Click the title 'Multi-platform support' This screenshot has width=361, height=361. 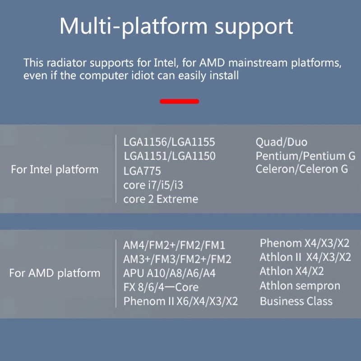pos(176,27)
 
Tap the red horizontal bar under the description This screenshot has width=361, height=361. pos(179,102)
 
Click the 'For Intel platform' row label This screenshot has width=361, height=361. pos(55,170)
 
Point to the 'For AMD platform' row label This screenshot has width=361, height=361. pos(55,273)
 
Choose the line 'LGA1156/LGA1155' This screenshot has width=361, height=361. pos(169,142)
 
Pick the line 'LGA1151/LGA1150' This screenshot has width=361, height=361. pos(169,157)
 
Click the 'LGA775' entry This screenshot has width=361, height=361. pos(142,171)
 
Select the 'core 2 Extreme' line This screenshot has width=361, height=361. pos(161,199)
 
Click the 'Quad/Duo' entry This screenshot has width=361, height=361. pos(282,142)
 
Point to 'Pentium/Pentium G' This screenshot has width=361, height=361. pos(305,156)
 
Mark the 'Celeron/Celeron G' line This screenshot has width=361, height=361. pos(302,169)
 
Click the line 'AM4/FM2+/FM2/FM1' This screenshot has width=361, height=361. pos(174,245)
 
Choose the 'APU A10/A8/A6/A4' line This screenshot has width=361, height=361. pos(169,273)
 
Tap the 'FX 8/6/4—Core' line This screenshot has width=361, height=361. pos(161,287)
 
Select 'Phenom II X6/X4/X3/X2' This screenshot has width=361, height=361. pos(180,301)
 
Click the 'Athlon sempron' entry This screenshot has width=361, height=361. pos(300,286)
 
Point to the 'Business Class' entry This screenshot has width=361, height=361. pos(296,301)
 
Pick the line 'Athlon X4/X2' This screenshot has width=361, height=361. pos(292,271)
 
